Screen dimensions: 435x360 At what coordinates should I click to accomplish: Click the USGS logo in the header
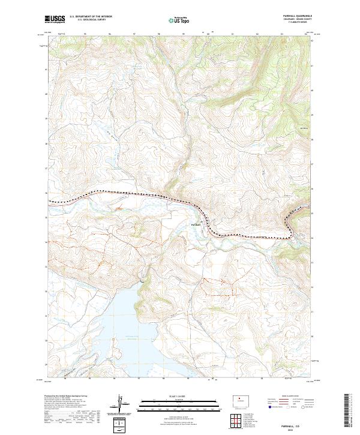tap(56, 19)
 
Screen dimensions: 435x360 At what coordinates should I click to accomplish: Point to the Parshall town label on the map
tap(196, 224)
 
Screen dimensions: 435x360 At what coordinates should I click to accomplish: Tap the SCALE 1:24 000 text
tap(174, 395)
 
